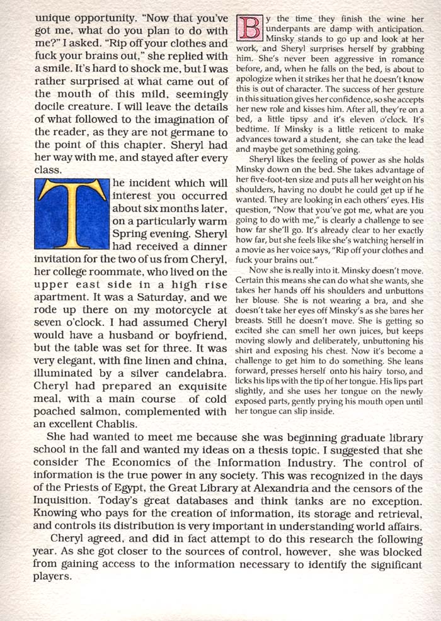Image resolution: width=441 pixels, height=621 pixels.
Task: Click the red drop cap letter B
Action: click(x=248, y=26)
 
